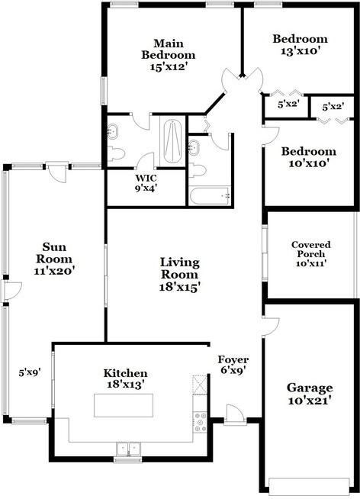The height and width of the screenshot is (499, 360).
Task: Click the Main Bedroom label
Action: [x=169, y=49]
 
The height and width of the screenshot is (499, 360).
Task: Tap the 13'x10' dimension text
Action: [x=300, y=51]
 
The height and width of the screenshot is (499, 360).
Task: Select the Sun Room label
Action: [x=54, y=253]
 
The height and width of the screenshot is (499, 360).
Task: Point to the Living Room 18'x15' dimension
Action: [x=180, y=287]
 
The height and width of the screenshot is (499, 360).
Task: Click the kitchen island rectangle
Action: [x=124, y=405]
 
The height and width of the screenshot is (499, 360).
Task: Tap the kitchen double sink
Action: [x=128, y=449]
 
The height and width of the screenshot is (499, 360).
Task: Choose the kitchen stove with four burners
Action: [x=200, y=422]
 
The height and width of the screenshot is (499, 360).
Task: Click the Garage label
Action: [x=310, y=388]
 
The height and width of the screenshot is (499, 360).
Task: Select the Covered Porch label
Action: [x=311, y=250]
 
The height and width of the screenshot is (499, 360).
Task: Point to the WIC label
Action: [x=146, y=178]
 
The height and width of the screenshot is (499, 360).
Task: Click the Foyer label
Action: [x=233, y=360]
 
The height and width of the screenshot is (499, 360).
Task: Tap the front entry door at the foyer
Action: [x=235, y=415]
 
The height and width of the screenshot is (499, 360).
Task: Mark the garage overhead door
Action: [x=309, y=486]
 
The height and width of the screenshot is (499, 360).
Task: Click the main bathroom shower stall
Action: [x=172, y=140]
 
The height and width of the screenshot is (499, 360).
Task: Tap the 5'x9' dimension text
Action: [x=30, y=372]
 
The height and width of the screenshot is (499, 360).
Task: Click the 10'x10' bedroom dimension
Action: [x=308, y=163]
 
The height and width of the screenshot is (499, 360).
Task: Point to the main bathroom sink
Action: [x=112, y=132]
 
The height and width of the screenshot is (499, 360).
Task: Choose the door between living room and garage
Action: [x=271, y=327]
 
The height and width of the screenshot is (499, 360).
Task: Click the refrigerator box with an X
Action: [x=200, y=385]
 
